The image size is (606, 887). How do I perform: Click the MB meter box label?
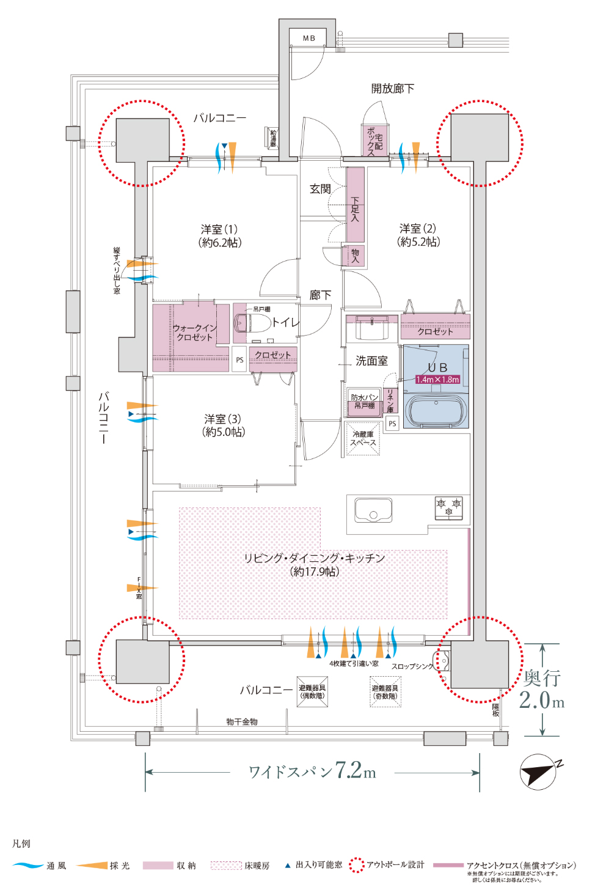(x=309, y=38)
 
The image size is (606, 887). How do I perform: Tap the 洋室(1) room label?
(x=219, y=235)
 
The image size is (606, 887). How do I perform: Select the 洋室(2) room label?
(x=418, y=235)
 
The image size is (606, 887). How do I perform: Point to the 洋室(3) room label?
(x=223, y=425)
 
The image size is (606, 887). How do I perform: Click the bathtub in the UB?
(x=437, y=411)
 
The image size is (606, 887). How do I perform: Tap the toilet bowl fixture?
(x=253, y=323)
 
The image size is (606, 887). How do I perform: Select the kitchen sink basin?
(x=373, y=510)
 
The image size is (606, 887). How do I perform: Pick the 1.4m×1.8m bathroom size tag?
(x=437, y=380)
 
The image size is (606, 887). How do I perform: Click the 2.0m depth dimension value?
(x=541, y=700)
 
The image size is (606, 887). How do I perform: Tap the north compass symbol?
(x=539, y=772)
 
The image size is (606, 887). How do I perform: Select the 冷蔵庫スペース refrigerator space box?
(x=363, y=438)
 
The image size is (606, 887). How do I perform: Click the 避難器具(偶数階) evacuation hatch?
(x=312, y=692)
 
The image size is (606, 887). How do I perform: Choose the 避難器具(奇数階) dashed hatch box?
(x=385, y=692)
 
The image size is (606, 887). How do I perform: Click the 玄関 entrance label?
(x=320, y=189)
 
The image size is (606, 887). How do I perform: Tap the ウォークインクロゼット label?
(x=194, y=333)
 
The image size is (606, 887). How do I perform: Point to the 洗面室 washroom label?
(x=371, y=361)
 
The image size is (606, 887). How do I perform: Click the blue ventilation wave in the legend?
(x=28, y=866)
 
